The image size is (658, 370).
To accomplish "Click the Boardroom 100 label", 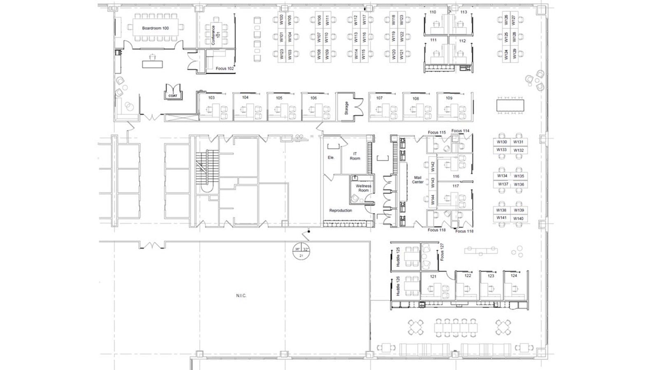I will click(x=155, y=28).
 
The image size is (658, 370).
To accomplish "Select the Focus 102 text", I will click(x=225, y=69).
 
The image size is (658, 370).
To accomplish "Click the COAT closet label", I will click(x=173, y=96).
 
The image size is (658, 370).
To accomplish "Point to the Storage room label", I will click(x=346, y=108).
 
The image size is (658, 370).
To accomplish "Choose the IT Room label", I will click(x=355, y=156).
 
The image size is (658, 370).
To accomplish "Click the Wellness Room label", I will click(x=364, y=188).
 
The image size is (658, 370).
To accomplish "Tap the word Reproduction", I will click(x=341, y=210).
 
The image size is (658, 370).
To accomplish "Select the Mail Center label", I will click(x=418, y=180).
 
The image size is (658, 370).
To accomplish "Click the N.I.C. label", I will click(x=241, y=296).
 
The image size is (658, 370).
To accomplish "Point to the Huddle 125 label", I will click(x=398, y=257).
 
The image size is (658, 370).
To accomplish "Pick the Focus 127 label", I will click(x=442, y=252).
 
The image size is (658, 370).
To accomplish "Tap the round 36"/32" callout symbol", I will click(x=301, y=251).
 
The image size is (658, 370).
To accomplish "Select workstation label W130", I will click(x=502, y=142).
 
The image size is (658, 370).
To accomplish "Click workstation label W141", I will click(x=501, y=218).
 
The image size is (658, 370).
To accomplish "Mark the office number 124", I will click(x=514, y=276).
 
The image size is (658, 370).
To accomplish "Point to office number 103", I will click(x=211, y=98).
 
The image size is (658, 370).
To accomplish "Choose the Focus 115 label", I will click(x=436, y=132).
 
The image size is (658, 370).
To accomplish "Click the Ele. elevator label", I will click(x=331, y=158).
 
